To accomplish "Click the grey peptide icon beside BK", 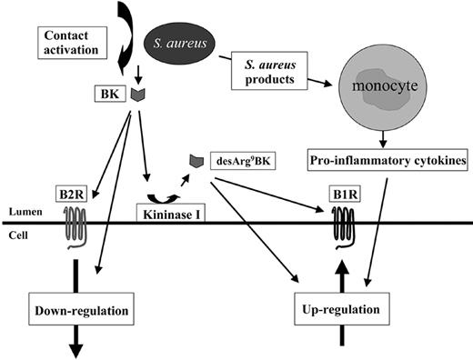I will tap(139, 94).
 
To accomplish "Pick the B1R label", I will tap(345, 193).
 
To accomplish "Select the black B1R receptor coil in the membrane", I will tap(345, 225).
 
